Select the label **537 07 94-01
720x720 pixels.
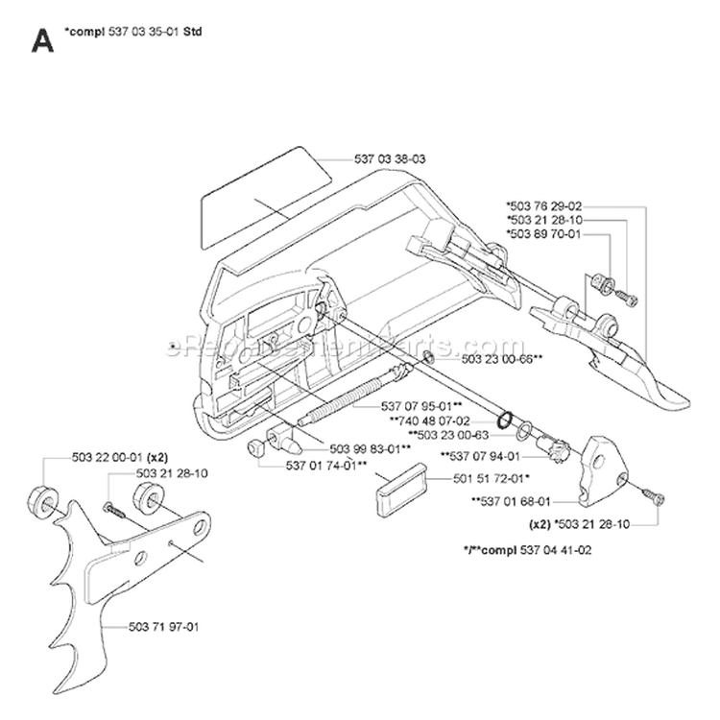click(x=480, y=456)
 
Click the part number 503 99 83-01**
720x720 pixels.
click(x=371, y=448)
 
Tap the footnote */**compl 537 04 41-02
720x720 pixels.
click(x=528, y=551)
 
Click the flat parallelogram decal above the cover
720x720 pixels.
click(x=265, y=202)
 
